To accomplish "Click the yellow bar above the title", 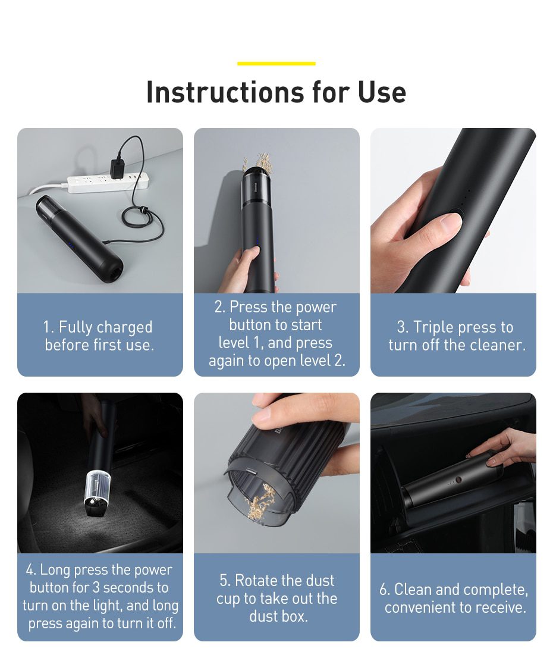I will coord(276,63).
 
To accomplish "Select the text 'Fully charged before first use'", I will coord(99,336).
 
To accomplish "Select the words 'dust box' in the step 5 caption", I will coord(278,616).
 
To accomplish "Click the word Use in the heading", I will coord(382,92).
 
